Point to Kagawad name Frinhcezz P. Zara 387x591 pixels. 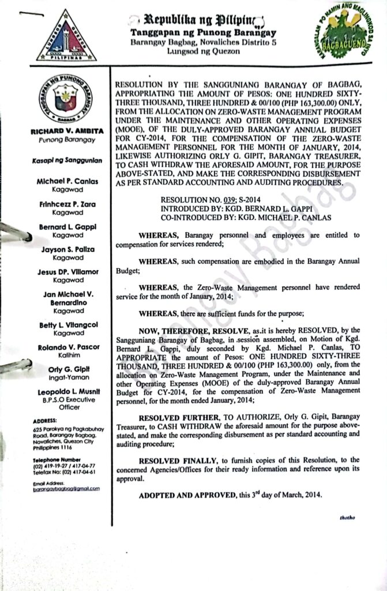(67, 204)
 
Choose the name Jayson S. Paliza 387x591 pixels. (67, 249)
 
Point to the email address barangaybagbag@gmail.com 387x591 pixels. (66, 488)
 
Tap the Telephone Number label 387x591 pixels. (56, 459)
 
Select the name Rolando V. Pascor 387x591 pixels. (67, 347)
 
